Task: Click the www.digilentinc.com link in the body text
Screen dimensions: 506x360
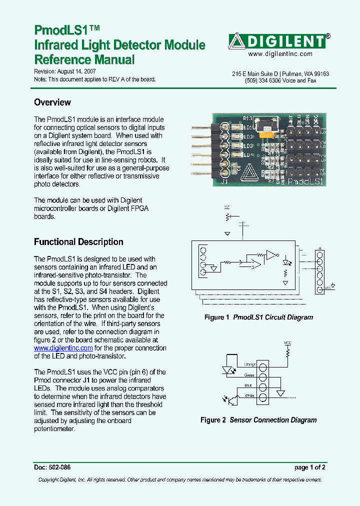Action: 63,348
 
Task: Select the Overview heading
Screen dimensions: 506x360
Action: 52,102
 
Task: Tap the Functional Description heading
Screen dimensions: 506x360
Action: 78,242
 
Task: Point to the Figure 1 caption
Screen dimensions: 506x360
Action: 258,317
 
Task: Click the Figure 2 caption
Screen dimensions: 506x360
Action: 258,420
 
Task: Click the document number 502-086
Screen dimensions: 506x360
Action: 59,467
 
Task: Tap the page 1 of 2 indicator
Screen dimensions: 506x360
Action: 310,467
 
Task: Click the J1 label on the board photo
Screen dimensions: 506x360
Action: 224,182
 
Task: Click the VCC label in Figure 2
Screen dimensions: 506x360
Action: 287,343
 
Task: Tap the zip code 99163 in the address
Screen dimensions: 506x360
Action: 320,73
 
